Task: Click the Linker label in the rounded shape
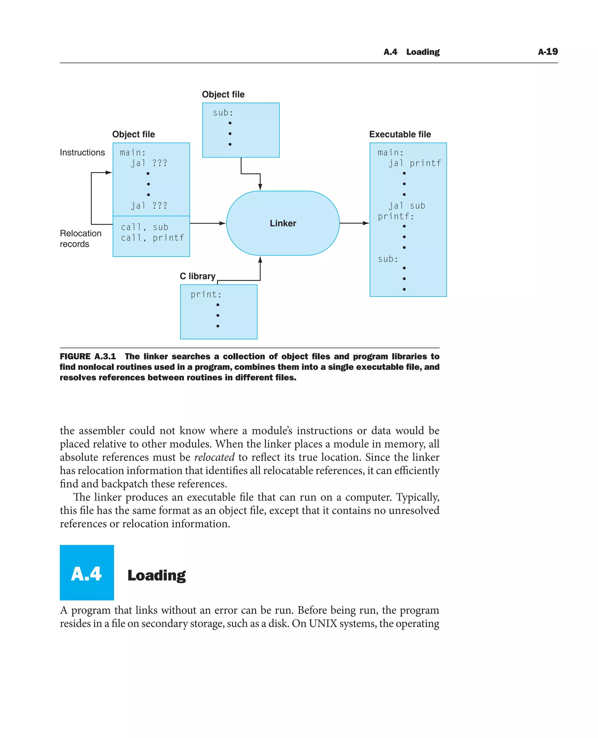[x=283, y=224]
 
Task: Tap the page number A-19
[x=548, y=52]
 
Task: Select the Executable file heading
[x=400, y=134]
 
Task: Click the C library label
[x=197, y=276]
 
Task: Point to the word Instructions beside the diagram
[x=82, y=152]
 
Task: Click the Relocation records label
[x=80, y=238]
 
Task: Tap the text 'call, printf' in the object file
[x=153, y=238]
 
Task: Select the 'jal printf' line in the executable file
[x=415, y=163]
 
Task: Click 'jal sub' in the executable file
[x=407, y=206]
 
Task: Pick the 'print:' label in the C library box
[x=206, y=294]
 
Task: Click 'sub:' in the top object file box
[x=223, y=113]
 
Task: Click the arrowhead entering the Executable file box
[x=366, y=224]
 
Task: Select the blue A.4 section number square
[x=87, y=573]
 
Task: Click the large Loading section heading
[x=157, y=575]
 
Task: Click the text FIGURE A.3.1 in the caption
[x=88, y=356]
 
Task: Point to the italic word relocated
[x=214, y=457]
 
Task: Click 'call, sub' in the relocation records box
[x=145, y=227]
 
